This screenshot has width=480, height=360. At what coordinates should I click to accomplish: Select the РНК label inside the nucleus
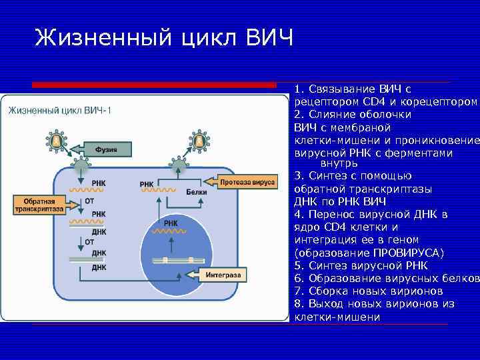[x=170, y=223]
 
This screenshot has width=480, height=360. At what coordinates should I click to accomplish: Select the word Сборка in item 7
[x=329, y=291]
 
